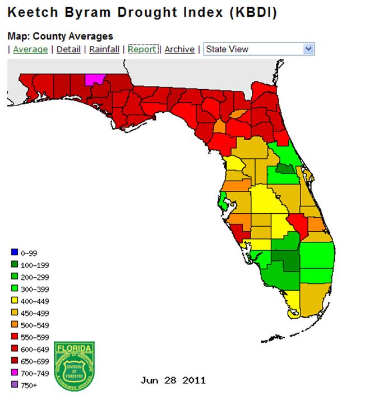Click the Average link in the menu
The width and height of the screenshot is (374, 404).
click(30, 49)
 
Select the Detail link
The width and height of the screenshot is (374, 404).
click(68, 49)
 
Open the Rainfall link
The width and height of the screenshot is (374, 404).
click(104, 49)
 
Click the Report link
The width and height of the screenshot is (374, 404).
click(142, 49)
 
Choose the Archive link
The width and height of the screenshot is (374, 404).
click(179, 49)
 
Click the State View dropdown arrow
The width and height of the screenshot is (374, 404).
click(308, 49)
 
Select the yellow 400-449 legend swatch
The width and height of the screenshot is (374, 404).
click(15, 302)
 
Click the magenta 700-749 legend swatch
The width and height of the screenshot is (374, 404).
click(15, 374)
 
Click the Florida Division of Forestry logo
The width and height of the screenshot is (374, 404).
click(74, 366)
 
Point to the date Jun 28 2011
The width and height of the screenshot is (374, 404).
click(173, 380)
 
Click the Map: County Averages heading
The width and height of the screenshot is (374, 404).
click(60, 36)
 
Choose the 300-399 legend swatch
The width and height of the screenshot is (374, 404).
click(15, 290)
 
